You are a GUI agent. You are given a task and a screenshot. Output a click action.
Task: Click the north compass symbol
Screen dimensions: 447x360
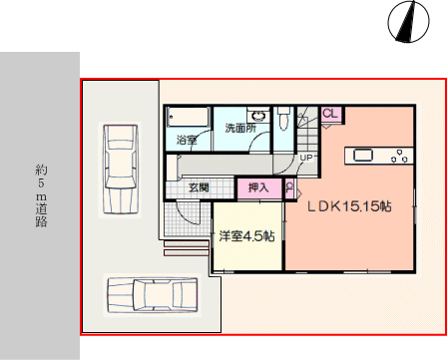pos(408,21)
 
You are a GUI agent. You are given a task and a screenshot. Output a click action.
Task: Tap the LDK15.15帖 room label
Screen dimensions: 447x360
pos(349,206)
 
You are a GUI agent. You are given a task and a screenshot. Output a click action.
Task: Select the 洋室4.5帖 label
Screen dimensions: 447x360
pos(246,236)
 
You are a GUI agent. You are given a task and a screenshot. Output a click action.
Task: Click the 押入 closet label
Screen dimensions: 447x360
pos(258,187)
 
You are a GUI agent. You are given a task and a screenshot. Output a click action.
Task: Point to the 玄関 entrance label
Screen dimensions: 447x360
pos(199,187)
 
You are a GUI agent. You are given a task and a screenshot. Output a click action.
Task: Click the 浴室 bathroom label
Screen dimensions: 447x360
pos(187,140)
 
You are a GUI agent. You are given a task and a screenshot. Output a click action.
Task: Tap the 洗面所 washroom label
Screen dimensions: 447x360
pos(240,128)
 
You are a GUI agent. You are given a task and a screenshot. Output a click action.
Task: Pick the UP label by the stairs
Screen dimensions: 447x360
pos(306,158)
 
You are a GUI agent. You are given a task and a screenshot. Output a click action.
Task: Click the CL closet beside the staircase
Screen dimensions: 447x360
pos(330,114)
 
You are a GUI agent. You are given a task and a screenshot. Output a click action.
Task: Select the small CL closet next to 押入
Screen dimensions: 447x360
pos(290,188)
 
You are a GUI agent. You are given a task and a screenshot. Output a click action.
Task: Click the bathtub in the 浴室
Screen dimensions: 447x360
pos(189,117)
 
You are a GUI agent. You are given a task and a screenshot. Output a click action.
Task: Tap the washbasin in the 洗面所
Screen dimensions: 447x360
pos(258,116)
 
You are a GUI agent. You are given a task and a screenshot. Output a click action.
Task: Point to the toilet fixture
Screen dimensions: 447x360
pos(283,118)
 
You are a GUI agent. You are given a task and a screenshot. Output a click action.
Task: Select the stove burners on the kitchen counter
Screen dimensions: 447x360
pos(399,157)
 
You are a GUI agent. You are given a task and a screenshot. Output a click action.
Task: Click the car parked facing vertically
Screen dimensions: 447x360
pos(121,170)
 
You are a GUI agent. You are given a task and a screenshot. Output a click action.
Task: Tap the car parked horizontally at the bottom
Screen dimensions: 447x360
pos(153,295)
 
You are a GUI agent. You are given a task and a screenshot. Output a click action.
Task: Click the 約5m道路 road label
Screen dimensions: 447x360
pos(41,195)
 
